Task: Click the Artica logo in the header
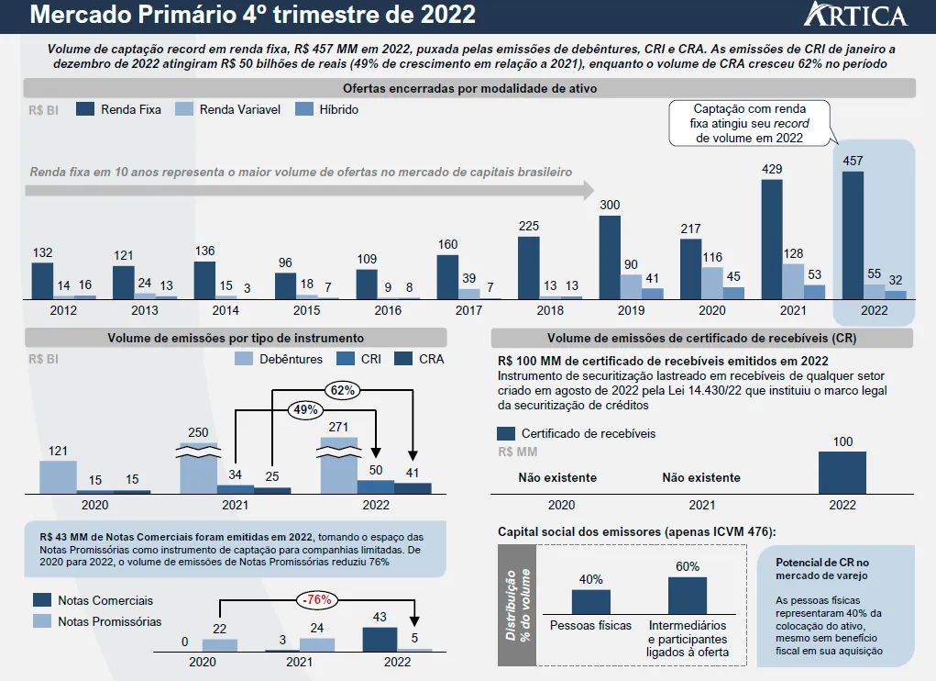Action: [x=854, y=16]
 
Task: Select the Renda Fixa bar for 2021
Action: [x=772, y=239]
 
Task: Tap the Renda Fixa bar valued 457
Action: [x=853, y=234]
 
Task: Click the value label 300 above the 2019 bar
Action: [x=610, y=206]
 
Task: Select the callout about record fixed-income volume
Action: [x=750, y=123]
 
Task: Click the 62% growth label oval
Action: [x=343, y=390]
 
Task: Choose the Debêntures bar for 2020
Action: [x=57, y=477]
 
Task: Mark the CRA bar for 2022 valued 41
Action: [x=413, y=488]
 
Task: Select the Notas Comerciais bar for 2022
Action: [x=380, y=639]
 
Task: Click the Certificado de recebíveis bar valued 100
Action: [x=842, y=472]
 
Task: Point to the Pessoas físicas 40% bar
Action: [x=590, y=601]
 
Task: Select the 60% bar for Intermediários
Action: [x=688, y=595]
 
